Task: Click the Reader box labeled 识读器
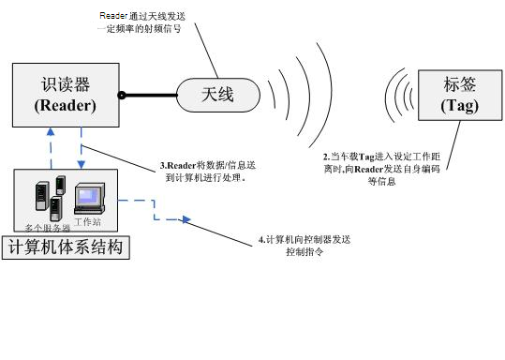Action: [65, 94]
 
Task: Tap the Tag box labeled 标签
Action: [459, 95]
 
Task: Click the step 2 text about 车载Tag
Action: [379, 168]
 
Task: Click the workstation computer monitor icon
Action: [88, 197]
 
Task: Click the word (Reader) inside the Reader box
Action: [65, 106]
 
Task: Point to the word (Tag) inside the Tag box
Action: [459, 106]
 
